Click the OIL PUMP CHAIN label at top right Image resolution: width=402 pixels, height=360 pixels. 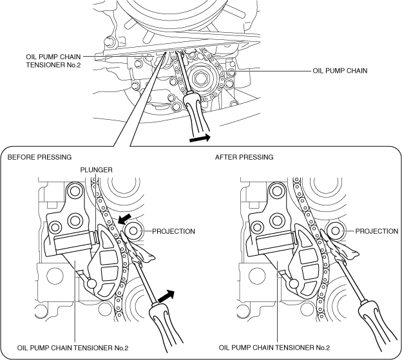point(340,70)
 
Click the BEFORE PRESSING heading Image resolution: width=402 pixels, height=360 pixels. point(39,156)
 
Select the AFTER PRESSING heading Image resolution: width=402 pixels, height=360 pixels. point(244,156)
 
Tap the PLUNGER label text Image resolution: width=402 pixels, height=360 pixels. point(96,170)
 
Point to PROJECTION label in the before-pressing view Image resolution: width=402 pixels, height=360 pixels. point(173,231)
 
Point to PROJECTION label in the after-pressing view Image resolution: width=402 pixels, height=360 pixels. point(377,231)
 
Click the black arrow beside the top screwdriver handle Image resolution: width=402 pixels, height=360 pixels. point(200,138)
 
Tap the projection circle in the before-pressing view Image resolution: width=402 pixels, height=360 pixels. point(133,231)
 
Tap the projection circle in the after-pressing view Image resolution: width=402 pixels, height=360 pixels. point(336,231)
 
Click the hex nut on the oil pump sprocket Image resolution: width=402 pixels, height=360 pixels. point(200,78)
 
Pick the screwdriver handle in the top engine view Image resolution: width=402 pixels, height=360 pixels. point(197,112)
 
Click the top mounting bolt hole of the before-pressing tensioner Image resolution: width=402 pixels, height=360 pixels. point(75,191)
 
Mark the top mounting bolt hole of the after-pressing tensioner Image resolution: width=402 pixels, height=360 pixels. point(277,191)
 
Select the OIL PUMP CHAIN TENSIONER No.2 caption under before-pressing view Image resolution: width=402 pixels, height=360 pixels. point(73,348)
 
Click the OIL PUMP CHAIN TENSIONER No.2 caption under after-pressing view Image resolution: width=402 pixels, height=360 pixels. point(274,348)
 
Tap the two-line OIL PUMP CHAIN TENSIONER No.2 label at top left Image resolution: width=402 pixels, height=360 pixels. point(53,61)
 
